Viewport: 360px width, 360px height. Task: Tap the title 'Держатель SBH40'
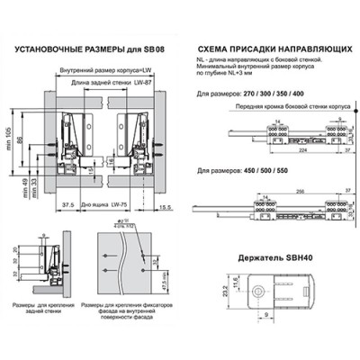pyautogui.click(x=273, y=257)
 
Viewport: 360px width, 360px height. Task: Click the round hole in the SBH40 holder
pyautogui.click(x=258, y=292)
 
